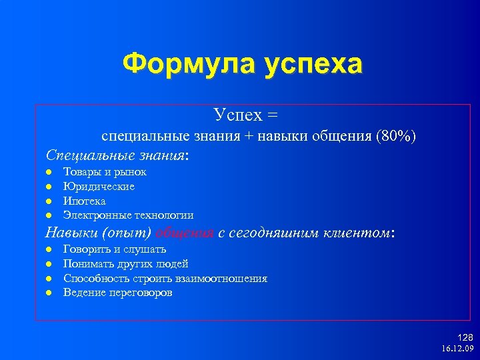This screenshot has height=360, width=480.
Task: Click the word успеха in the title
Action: click(313, 65)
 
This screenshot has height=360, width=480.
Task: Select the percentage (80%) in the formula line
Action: click(396, 136)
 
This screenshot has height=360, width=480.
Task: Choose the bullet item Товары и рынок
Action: click(105, 172)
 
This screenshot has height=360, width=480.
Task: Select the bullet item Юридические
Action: click(99, 187)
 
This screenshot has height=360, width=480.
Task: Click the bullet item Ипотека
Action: click(84, 201)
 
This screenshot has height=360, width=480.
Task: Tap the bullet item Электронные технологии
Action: click(128, 215)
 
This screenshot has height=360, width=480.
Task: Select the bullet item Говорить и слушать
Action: click(114, 249)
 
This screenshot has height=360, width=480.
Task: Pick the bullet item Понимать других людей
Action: click(125, 264)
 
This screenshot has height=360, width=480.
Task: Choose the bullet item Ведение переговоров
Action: click(117, 293)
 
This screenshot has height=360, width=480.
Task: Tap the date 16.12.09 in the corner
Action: click(457, 349)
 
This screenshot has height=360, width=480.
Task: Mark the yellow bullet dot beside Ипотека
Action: click(49, 201)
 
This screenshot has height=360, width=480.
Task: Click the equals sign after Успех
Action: click(271, 115)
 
